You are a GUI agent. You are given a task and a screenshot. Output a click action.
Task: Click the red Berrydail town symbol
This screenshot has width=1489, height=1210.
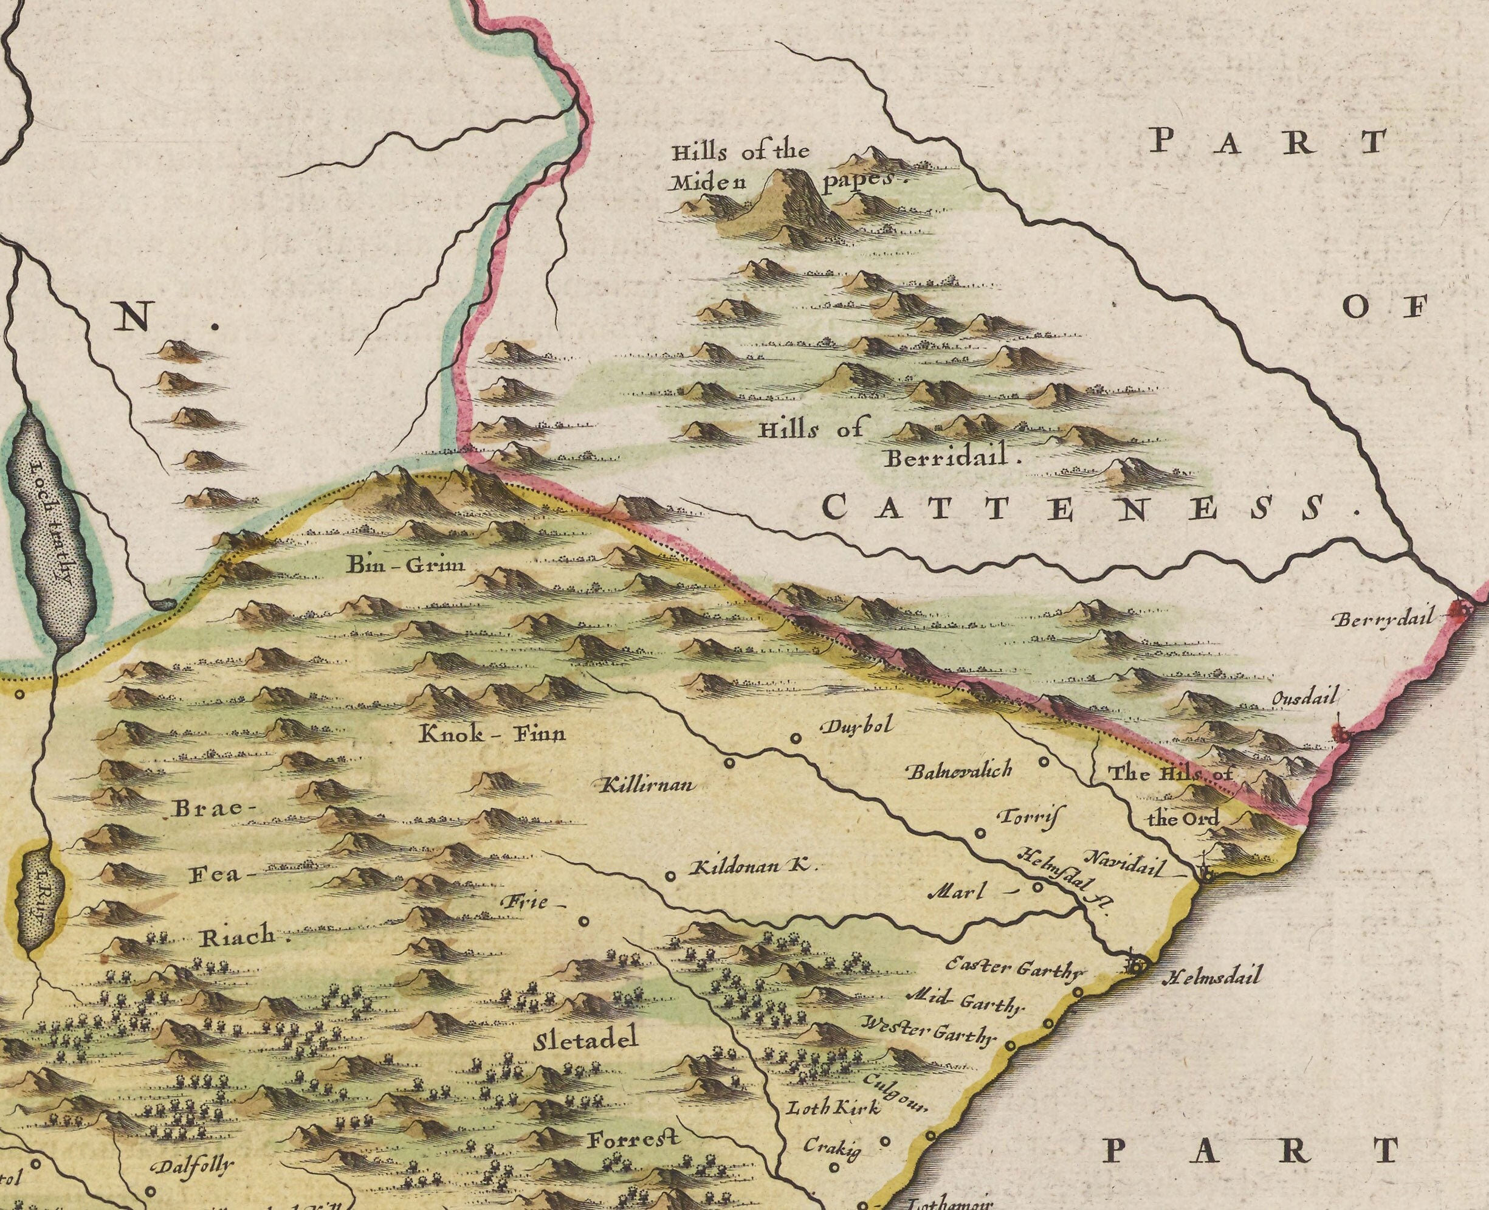click(x=1462, y=610)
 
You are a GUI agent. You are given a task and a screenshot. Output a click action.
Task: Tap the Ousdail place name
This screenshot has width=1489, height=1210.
click(x=1305, y=699)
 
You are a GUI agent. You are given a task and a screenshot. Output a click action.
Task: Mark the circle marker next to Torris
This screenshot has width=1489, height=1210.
click(x=980, y=832)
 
